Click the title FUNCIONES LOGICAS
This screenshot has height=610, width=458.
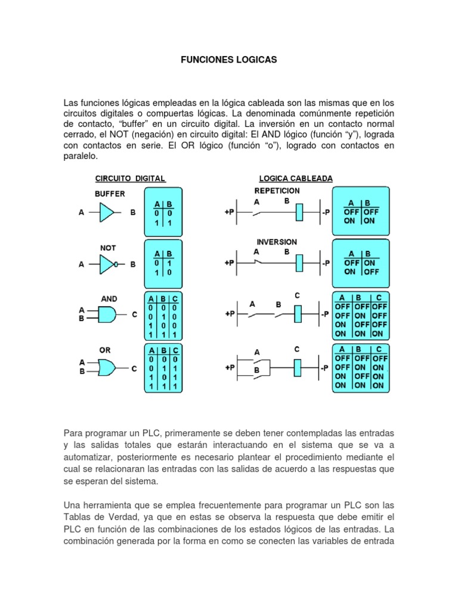coord(229,60)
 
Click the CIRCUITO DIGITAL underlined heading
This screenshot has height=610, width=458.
coord(130,178)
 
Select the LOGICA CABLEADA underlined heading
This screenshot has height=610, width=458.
coord(295,178)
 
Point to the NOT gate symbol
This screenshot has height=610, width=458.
coord(108,264)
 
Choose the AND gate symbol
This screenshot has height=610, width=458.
coord(107,314)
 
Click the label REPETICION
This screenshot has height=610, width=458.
coord(277,191)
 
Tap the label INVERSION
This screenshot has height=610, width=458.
coord(277,242)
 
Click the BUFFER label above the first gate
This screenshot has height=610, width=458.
coord(109,194)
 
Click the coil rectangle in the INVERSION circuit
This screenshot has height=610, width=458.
coord(301,263)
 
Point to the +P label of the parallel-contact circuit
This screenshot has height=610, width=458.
coord(229,368)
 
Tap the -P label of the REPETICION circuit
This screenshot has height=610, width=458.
coord(325,212)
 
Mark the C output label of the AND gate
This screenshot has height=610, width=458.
coord(134,314)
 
